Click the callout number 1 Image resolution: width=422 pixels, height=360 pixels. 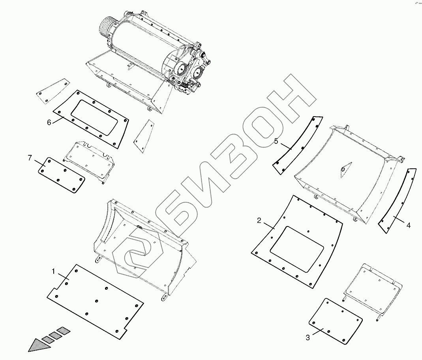click(x=53, y=271)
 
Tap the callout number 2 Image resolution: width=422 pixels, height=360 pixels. click(x=259, y=221)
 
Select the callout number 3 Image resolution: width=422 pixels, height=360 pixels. click(x=308, y=337)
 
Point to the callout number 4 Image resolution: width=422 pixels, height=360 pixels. click(x=408, y=225)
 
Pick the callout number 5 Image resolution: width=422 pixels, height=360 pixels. click(x=276, y=141)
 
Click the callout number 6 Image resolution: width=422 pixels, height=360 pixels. click(x=49, y=123)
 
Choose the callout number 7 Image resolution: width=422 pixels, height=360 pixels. click(x=30, y=158)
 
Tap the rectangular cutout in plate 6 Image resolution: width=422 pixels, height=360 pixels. click(x=94, y=118)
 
